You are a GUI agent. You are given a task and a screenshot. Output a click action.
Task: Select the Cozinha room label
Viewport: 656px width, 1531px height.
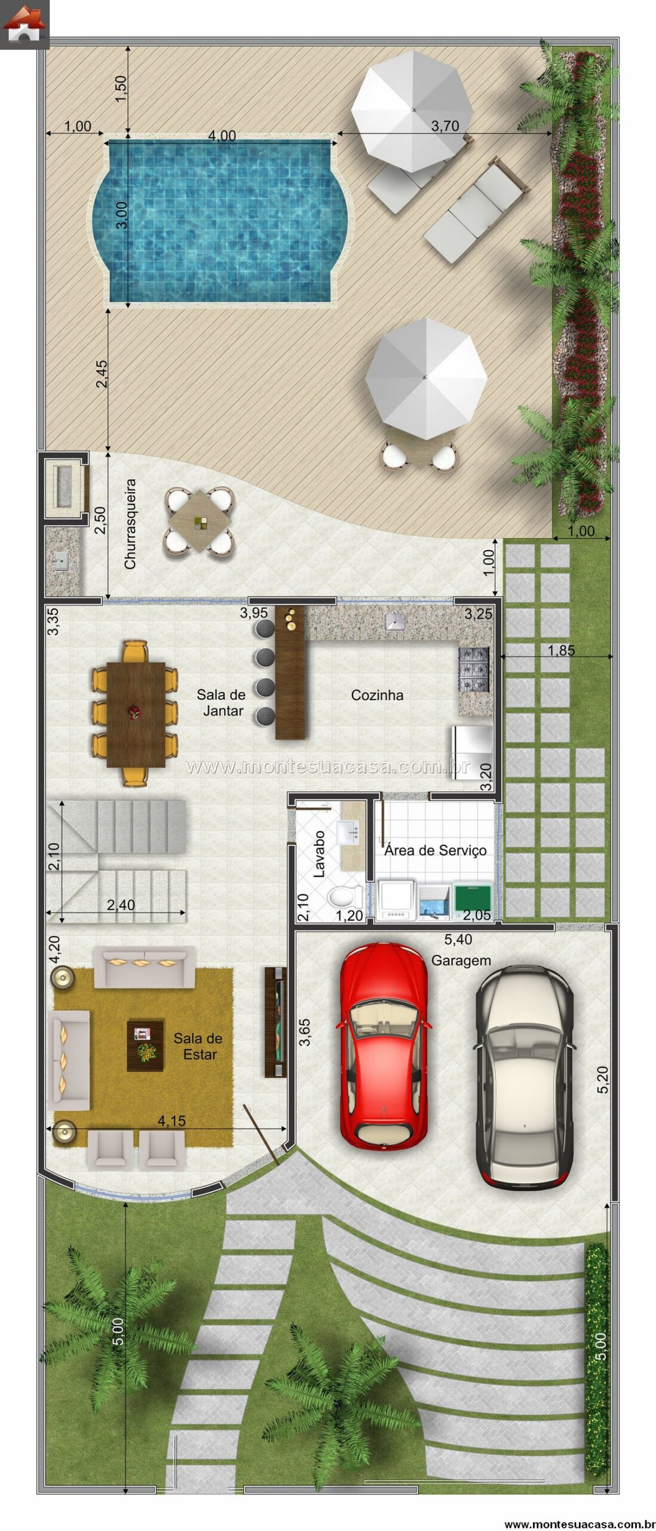[377, 694]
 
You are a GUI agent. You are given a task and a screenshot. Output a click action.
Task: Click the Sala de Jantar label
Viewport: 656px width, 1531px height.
[222, 702]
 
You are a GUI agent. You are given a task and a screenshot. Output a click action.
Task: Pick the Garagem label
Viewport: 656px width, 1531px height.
[461, 960]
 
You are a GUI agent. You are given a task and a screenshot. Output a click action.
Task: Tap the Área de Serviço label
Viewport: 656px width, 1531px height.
[436, 850]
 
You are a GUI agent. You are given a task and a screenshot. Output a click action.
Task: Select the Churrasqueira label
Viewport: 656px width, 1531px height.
[130, 523]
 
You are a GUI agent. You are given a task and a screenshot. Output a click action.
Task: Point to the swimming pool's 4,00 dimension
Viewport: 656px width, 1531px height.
[222, 136]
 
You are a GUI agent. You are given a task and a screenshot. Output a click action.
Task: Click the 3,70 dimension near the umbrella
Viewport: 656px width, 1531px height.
[445, 126]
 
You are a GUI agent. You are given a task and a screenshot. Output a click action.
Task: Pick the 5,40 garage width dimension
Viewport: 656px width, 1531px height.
[458, 939]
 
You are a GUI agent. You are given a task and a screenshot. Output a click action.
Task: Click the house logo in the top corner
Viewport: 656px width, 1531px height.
[24, 24]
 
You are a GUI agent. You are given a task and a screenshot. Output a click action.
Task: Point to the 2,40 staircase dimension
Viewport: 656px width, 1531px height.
[120, 905]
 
